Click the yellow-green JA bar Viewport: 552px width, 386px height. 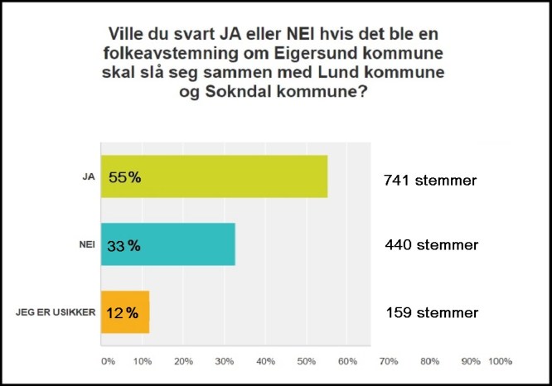(214, 176)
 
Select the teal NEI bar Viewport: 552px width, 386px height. (167, 244)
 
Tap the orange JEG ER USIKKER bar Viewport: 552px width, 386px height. (125, 311)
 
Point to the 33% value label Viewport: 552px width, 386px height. (123, 245)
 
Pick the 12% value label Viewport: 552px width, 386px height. (122, 313)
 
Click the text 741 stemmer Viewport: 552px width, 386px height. (431, 180)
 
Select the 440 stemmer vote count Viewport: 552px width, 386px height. (431, 245)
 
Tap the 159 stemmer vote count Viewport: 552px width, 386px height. (432, 312)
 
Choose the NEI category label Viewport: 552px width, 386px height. (83, 244)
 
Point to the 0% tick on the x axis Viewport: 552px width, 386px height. (108, 361)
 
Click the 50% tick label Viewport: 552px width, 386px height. (306, 361)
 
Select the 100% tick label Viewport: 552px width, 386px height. (500, 361)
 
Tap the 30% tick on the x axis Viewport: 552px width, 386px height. (225, 361)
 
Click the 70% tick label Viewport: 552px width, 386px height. (388, 361)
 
